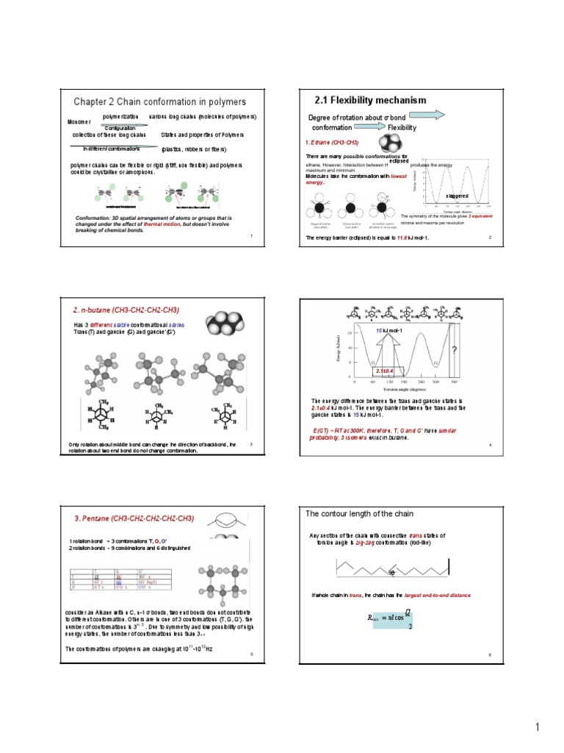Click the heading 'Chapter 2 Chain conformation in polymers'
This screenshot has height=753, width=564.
159,101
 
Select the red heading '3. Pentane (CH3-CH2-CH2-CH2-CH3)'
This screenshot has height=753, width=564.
134,518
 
